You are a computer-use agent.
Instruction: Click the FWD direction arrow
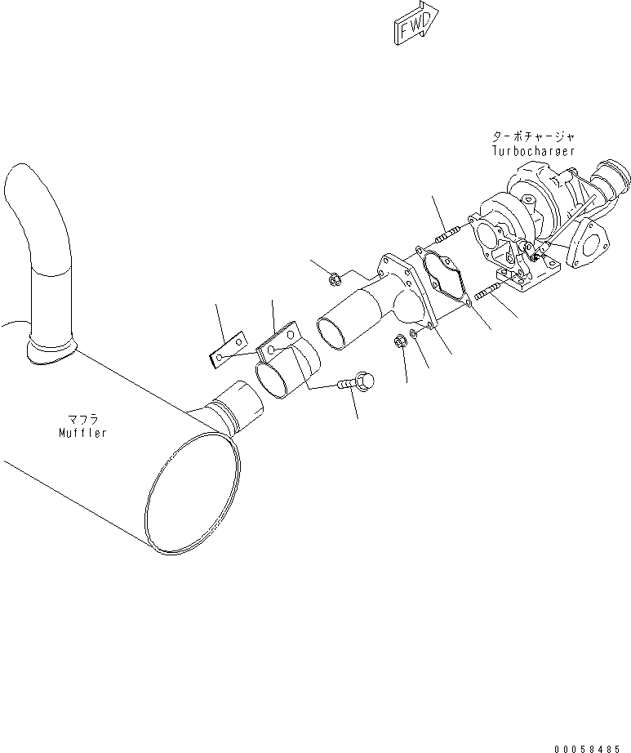pos(414,24)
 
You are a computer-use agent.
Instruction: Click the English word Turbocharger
pos(533,151)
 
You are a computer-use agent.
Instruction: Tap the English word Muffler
pos(82,433)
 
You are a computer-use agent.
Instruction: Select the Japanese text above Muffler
pos(82,420)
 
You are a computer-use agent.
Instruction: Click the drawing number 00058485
pos(588,746)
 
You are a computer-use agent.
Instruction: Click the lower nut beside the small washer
pos(401,341)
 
